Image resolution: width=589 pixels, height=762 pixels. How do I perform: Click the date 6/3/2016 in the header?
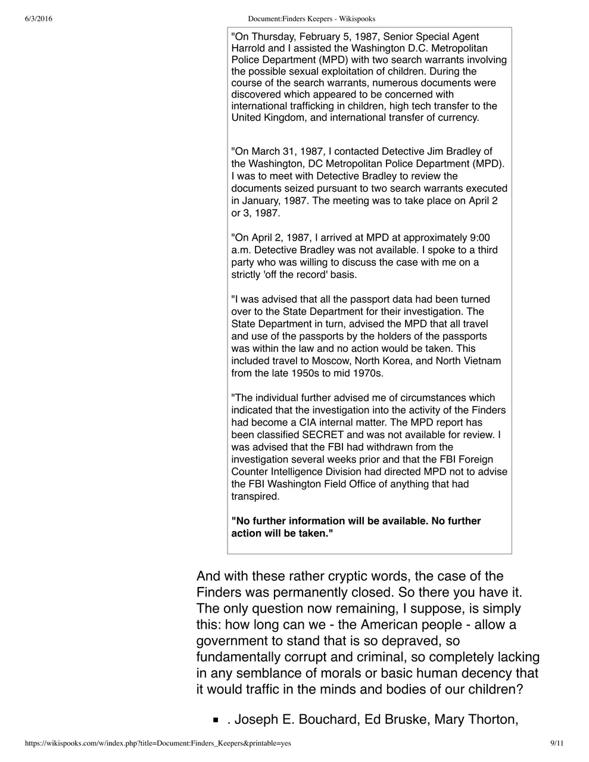pos(39,18)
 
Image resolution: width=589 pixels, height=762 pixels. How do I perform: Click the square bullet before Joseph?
pos(216,720)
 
